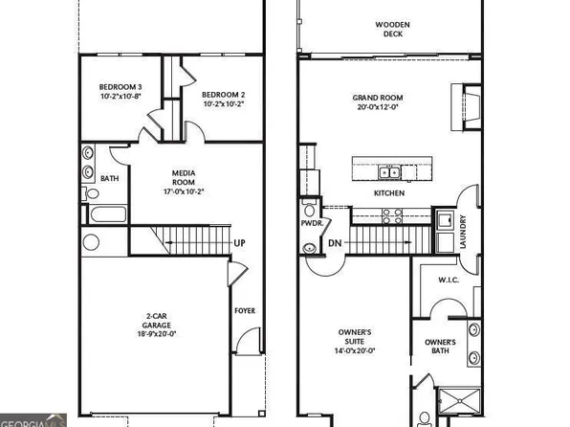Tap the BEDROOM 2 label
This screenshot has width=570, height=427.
click(x=224, y=94)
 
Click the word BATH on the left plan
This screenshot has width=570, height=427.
click(x=110, y=177)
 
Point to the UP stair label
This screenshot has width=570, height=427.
click(x=239, y=243)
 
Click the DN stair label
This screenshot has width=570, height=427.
click(x=335, y=243)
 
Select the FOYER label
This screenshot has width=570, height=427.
click(x=245, y=310)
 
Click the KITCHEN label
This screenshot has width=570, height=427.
click(x=388, y=192)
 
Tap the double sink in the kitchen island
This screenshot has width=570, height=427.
click(x=388, y=172)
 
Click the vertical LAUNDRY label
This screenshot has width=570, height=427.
click(x=463, y=232)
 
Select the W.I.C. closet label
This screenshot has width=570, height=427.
click(x=449, y=281)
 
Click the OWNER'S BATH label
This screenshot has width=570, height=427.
click(x=441, y=347)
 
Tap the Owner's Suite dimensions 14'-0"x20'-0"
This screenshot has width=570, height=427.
click(x=356, y=350)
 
